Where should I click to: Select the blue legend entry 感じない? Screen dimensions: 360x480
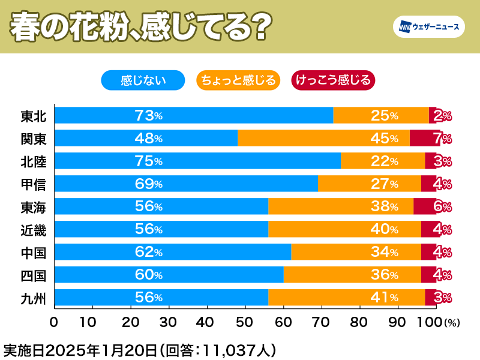143,80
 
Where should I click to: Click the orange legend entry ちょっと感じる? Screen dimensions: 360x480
238,80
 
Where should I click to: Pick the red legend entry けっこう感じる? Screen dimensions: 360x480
332,80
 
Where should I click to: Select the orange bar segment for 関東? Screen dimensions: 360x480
323,138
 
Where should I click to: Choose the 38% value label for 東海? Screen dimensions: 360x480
385,206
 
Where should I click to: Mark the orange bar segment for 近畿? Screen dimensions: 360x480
344,229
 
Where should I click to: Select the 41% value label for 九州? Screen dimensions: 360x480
385,298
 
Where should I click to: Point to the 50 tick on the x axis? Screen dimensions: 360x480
245,322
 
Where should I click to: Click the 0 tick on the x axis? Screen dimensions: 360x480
54,322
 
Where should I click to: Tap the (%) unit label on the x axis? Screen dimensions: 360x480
452,323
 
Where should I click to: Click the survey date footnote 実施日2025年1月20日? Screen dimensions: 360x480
82,349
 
